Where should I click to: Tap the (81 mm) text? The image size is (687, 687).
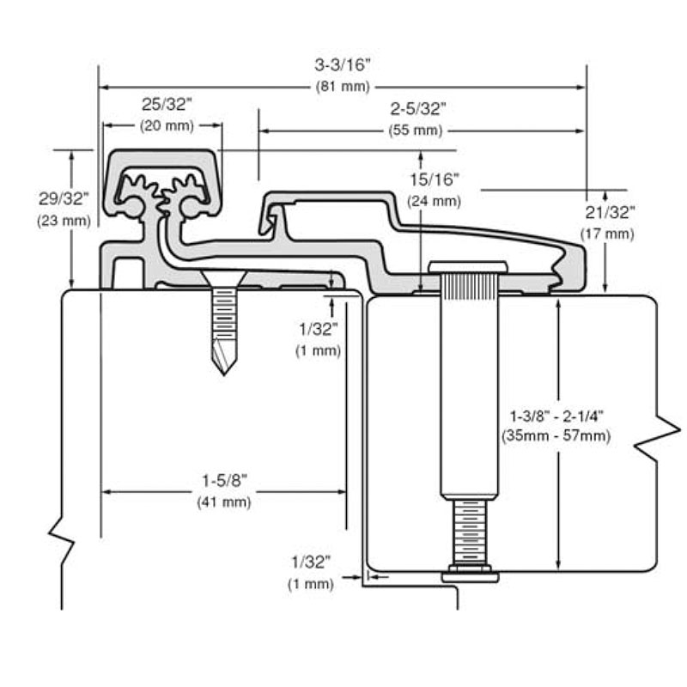tap(342, 86)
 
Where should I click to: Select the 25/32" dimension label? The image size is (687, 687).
tap(167, 104)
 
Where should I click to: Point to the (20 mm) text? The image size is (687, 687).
tap(167, 125)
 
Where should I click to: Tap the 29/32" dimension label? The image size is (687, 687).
tap(64, 198)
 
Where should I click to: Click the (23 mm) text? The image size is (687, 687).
tap(64, 221)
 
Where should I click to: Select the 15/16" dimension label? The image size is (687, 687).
tap(434, 179)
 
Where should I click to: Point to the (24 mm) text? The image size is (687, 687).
tap(434, 201)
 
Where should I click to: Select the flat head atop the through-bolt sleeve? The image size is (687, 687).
tap(469, 264)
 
